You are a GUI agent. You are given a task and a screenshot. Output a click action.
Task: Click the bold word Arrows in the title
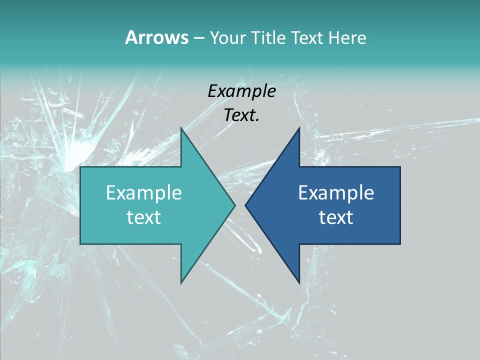pos(156,37)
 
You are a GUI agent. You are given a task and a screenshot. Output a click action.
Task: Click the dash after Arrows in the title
pos(198,38)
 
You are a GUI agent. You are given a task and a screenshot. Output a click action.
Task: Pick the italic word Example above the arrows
pos(241,91)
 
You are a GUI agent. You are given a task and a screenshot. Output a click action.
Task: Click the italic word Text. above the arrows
pos(241,115)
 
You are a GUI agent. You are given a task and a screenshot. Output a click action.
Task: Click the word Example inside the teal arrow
pos(144,192)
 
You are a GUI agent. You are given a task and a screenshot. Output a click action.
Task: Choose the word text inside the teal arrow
pos(144,217)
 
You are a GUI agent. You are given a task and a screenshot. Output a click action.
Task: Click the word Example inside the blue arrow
pos(336,192)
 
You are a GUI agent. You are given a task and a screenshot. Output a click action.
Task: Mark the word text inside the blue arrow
pos(336,217)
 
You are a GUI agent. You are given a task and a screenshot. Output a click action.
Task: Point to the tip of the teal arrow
pos(234,205)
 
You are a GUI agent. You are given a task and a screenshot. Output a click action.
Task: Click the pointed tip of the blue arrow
pos(246,205)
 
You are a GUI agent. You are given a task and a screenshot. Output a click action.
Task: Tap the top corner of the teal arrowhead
pos(181,128)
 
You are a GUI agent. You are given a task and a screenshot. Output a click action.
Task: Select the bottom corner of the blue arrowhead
pos(299,282)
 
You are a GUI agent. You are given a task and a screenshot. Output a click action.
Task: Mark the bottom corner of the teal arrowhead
pos(181,282)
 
